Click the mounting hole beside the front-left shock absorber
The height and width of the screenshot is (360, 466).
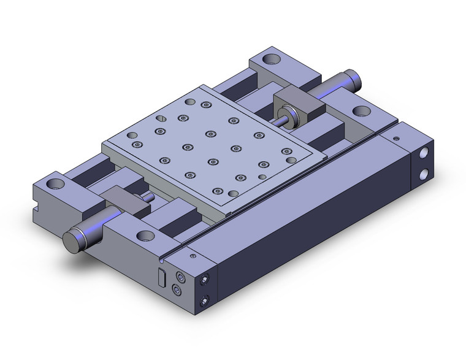(145, 235)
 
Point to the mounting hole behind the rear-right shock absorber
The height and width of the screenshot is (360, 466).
(361, 112)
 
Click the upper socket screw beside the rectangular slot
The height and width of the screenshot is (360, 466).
(180, 275)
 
